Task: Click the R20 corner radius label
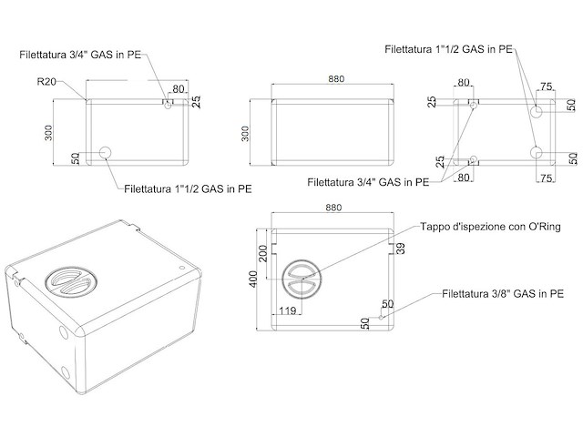click(48, 82)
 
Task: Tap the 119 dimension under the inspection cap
click(288, 311)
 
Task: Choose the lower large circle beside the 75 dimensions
click(537, 151)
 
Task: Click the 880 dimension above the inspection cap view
click(333, 208)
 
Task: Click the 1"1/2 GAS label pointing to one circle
click(188, 189)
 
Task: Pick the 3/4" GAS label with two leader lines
click(367, 181)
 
